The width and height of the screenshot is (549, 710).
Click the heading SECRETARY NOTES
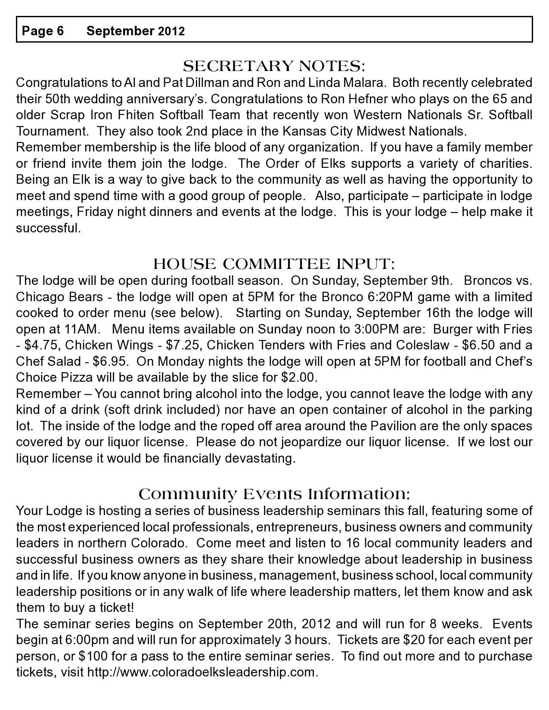point(274,66)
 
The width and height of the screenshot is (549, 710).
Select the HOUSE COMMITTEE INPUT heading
point(274,264)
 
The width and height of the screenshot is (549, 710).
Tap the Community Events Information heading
point(274,494)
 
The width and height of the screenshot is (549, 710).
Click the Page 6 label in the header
point(43,31)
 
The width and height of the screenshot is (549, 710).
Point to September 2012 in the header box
point(136,31)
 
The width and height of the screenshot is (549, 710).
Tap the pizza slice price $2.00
point(298,377)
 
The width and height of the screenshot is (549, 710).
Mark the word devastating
point(263,458)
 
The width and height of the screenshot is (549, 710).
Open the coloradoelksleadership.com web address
point(202,673)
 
